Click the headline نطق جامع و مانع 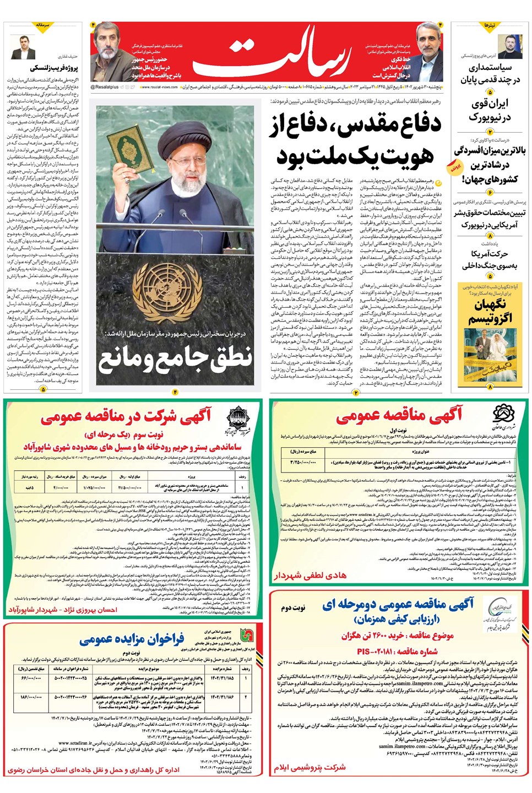coord(175,359)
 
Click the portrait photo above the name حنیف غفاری coord(23,47)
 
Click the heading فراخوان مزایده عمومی coord(131,639)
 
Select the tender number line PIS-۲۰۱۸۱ coord(397,651)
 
